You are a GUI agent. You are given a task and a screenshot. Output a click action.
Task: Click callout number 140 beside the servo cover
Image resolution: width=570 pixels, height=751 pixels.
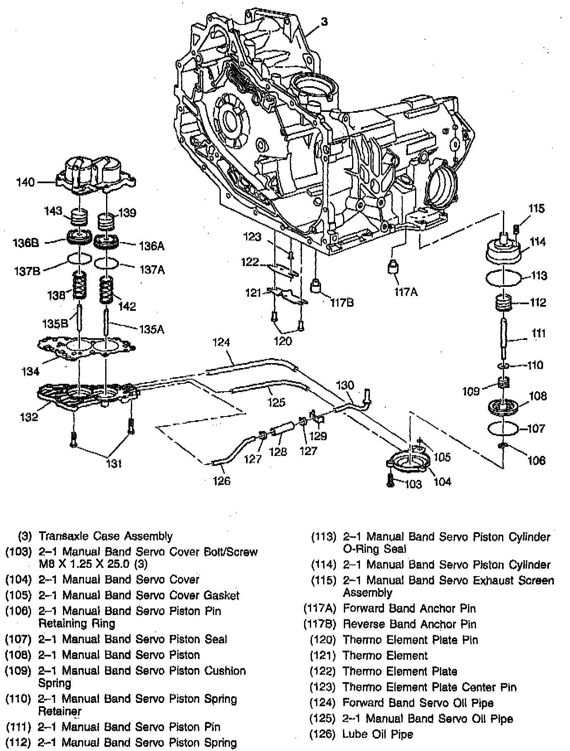pyautogui.click(x=25, y=182)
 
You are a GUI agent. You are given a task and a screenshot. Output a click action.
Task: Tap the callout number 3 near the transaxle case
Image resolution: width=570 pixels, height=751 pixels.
pyautogui.click(x=324, y=22)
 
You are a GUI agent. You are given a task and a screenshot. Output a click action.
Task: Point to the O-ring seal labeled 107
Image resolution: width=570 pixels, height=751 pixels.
pyautogui.click(x=503, y=429)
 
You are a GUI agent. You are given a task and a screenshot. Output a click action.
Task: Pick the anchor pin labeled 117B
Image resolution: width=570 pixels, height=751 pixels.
pyautogui.click(x=317, y=286)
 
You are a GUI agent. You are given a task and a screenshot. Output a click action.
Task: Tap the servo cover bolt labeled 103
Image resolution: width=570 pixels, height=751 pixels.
pyautogui.click(x=390, y=480)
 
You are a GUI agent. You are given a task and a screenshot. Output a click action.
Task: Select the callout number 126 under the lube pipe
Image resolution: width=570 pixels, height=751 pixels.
pyautogui.click(x=222, y=481)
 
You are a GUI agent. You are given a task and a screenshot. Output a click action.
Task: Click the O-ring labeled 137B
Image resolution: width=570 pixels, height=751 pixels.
pyautogui.click(x=79, y=259)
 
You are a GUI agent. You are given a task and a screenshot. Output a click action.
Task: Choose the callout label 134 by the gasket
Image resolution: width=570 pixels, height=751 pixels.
pyautogui.click(x=31, y=371)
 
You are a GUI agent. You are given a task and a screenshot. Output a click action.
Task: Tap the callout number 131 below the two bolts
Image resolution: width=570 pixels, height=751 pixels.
pyautogui.click(x=114, y=463)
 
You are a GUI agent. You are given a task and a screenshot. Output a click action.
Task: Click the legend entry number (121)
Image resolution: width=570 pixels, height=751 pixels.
pyautogui.click(x=322, y=655)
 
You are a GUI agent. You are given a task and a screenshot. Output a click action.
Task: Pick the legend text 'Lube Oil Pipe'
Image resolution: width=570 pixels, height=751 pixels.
pyautogui.click(x=377, y=734)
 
